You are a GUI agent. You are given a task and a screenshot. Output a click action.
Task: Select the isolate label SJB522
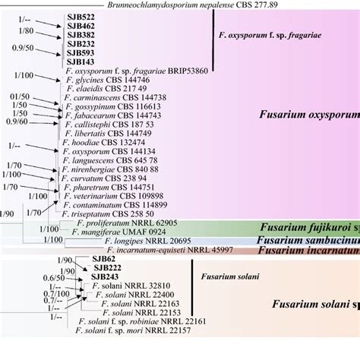point(81,17)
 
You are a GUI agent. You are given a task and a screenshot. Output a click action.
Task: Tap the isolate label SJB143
point(81,62)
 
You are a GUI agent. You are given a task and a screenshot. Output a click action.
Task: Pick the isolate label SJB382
point(81,35)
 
